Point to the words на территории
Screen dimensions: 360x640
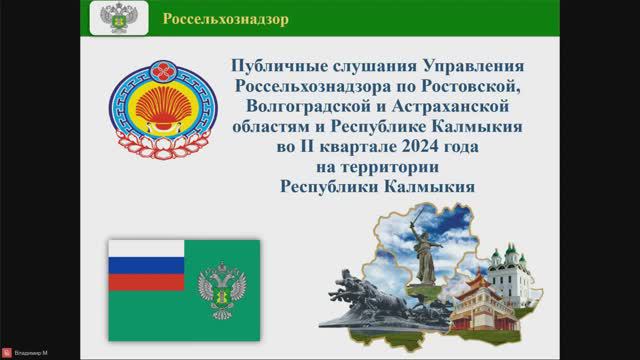363,167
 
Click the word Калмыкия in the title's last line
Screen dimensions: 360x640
428,185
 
